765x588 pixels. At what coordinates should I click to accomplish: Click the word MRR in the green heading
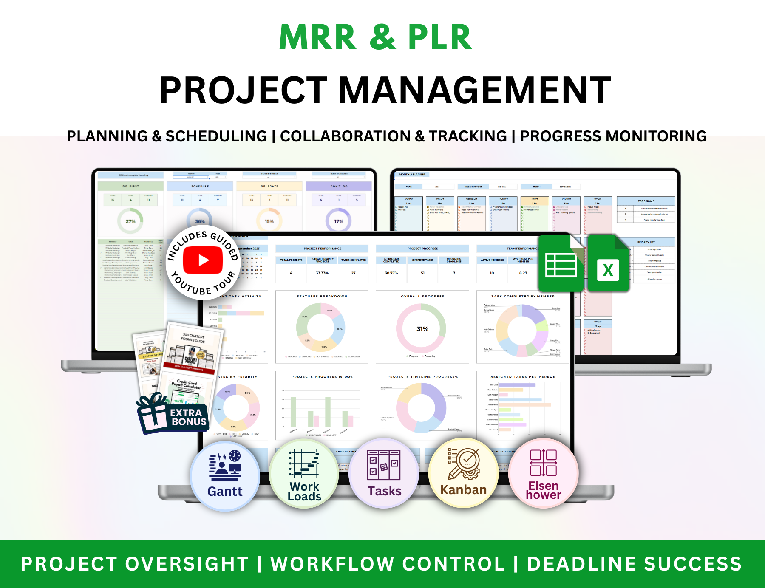317,37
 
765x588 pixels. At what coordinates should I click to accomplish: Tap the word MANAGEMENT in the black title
474,90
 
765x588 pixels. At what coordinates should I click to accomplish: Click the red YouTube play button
203,260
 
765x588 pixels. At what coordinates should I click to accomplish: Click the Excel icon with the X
608,264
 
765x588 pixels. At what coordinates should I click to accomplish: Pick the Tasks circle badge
384,473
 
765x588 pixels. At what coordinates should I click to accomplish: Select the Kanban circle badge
463,472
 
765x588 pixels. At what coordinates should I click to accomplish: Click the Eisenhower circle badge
543,473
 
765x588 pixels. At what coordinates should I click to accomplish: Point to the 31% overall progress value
422,329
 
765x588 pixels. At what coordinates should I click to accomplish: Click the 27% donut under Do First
130,221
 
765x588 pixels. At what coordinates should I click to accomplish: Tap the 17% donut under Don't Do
338,221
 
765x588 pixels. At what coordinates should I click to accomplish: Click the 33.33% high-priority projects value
322,273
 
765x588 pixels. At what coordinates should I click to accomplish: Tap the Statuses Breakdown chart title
322,296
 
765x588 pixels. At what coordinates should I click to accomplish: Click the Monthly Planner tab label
412,175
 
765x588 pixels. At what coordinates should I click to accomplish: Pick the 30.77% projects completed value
391,273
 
